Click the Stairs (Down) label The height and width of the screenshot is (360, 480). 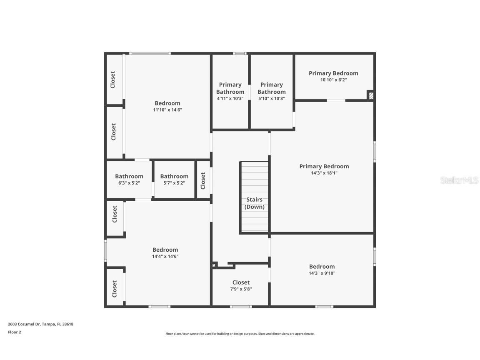(254, 203)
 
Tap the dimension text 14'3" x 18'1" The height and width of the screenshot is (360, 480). (324, 173)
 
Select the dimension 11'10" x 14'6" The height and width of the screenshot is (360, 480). (167, 110)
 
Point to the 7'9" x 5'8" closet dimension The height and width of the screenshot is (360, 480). (241, 289)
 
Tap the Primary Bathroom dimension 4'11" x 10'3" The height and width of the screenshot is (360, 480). (230, 99)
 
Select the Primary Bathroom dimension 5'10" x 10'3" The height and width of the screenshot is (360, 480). (271, 99)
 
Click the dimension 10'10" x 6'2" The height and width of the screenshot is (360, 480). (333, 80)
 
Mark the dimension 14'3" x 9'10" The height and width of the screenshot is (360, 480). (322, 273)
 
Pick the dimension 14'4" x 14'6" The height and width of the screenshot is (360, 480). (165, 257)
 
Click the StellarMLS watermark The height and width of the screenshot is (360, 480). (460, 180)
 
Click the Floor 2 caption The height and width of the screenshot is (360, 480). (14, 332)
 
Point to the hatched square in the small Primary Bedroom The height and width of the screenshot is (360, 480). (370, 95)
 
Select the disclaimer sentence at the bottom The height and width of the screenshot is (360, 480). (240, 334)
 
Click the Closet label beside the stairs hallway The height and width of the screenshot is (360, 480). (203, 180)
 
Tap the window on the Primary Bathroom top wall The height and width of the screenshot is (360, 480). (239, 53)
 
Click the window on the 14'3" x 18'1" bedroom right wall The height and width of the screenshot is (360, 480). (374, 152)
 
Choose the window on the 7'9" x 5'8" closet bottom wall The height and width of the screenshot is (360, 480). (241, 307)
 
